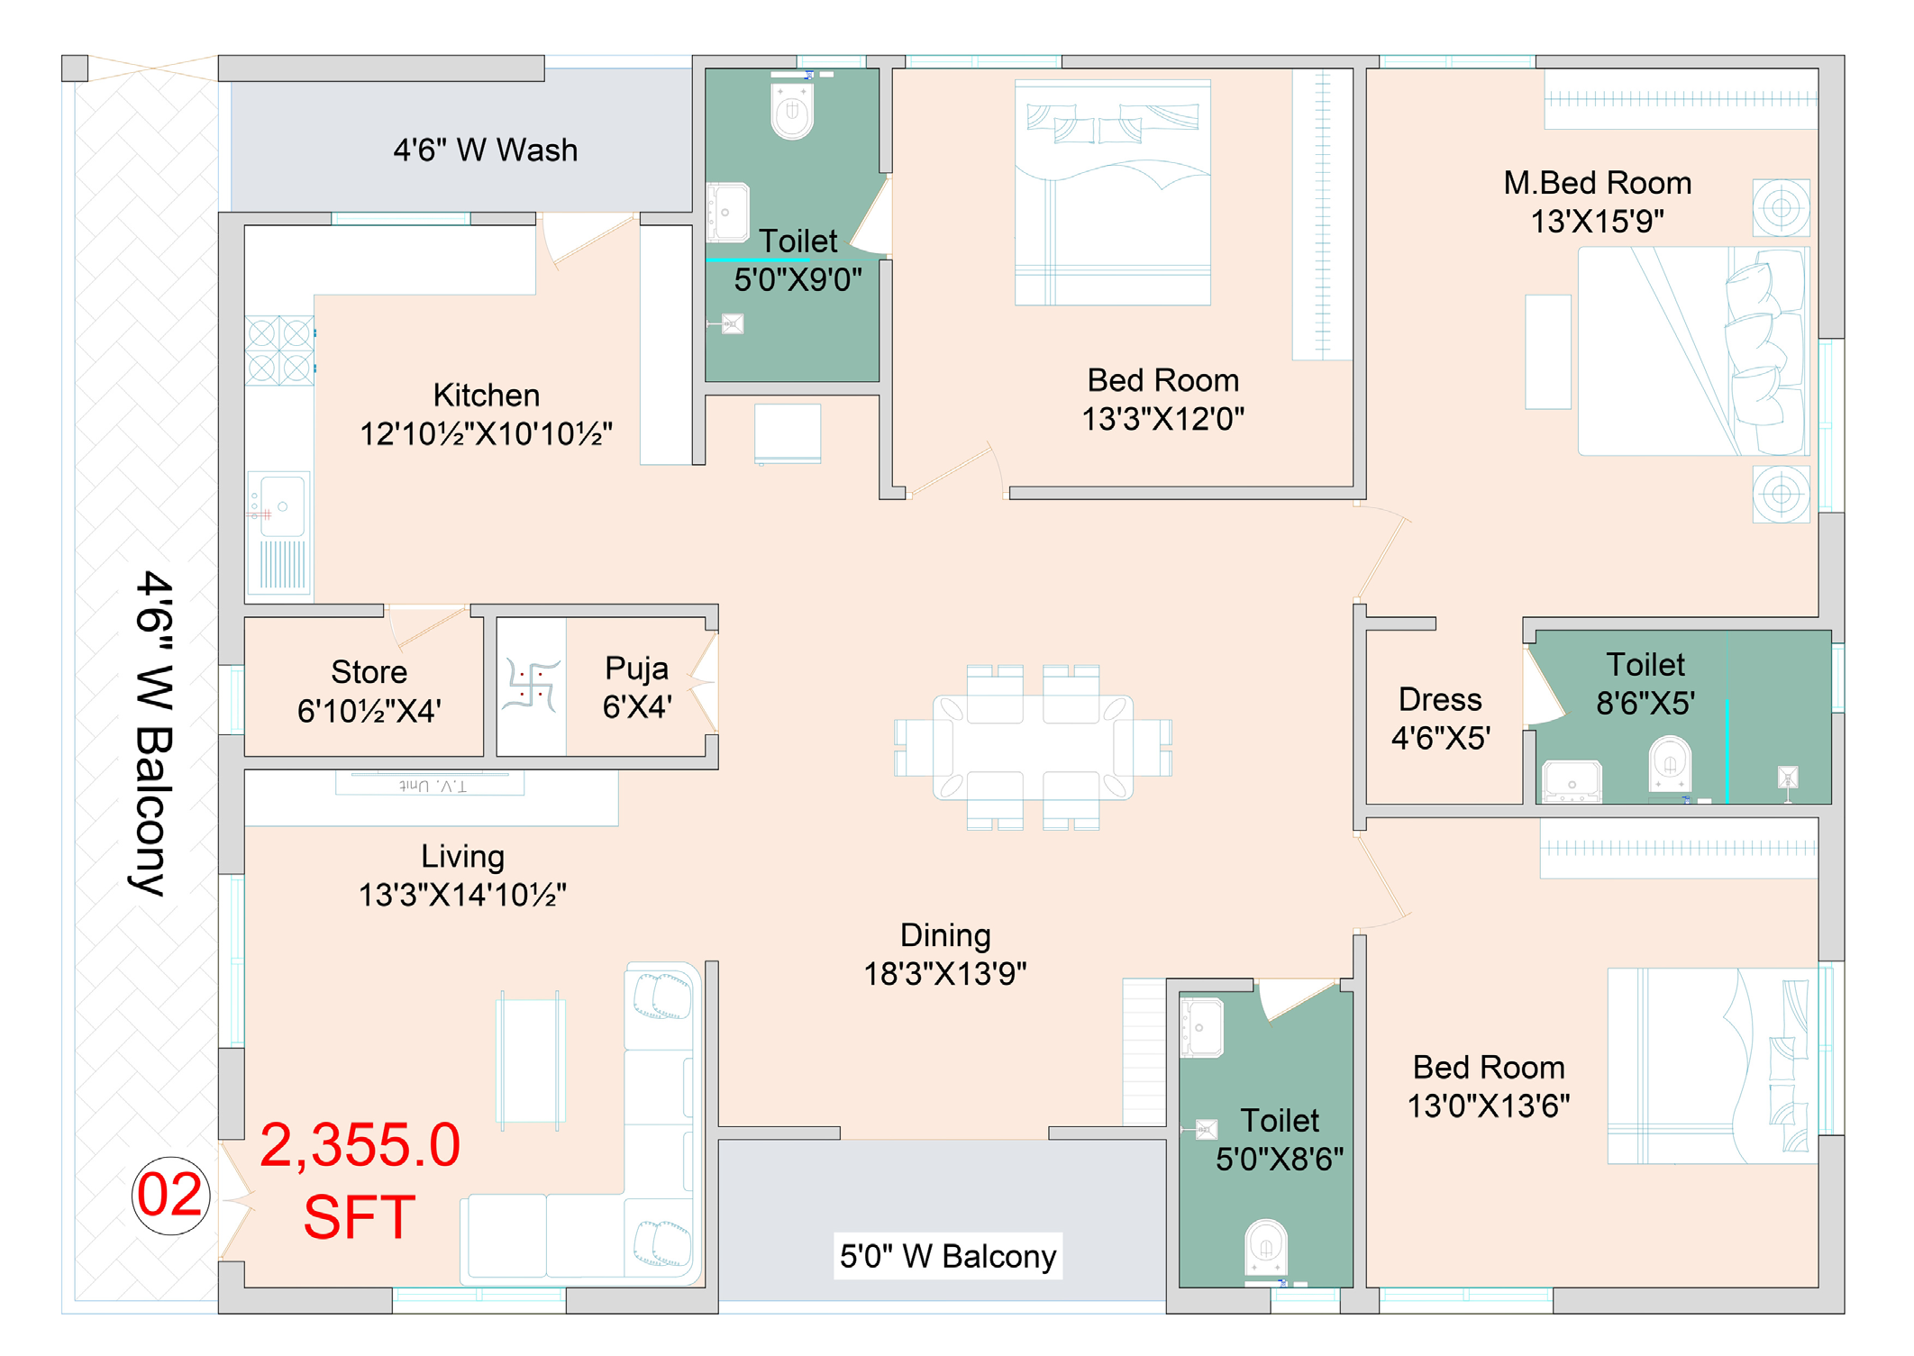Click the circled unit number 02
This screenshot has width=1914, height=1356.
pos(170,1196)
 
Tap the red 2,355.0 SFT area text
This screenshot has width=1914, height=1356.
pos(360,1180)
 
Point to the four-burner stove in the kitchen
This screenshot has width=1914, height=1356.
pos(280,350)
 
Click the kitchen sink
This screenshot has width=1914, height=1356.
pos(279,532)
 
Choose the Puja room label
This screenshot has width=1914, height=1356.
pos(637,687)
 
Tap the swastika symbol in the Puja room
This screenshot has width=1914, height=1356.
pos(532,684)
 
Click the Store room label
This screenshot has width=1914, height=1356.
pos(369,691)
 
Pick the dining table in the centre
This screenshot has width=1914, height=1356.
pos(1033,747)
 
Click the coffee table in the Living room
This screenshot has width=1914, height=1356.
pos(532,1060)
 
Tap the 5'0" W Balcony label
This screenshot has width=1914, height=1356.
pos(948,1256)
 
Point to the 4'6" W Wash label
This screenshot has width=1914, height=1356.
pos(486,150)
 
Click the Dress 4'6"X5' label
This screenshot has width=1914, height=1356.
pos(1440,718)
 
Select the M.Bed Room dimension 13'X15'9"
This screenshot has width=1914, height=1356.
pos(1598,221)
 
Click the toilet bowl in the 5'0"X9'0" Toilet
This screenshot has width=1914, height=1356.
pos(792,110)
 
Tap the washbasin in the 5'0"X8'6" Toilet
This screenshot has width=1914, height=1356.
pos(1201,1026)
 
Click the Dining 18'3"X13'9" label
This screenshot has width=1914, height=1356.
pos(945,954)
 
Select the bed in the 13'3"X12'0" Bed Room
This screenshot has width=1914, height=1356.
pos(1113,193)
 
